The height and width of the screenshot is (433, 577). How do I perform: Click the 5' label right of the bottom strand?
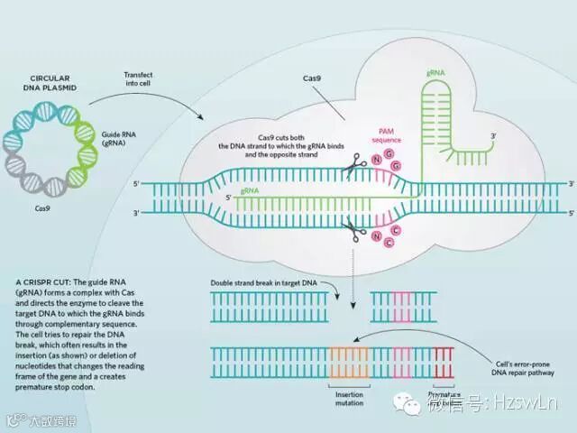569,214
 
